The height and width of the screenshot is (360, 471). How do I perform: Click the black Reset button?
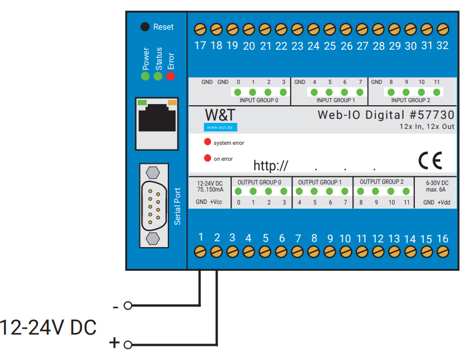(x=145, y=27)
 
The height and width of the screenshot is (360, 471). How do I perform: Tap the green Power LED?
(x=145, y=76)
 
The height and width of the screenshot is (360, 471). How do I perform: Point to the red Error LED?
(x=170, y=76)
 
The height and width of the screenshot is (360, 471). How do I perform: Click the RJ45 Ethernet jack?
(x=157, y=124)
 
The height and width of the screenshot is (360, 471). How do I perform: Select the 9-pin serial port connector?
(x=154, y=206)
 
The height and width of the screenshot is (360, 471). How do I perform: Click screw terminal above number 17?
(x=200, y=30)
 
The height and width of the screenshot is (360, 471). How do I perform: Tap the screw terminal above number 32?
(x=443, y=30)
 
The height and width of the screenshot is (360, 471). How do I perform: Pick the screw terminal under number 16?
(x=443, y=252)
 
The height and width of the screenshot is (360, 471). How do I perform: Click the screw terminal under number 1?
(x=200, y=252)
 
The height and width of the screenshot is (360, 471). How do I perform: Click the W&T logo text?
(x=220, y=115)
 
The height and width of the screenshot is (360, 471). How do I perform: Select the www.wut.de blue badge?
(x=220, y=128)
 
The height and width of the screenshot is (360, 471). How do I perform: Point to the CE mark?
(x=430, y=160)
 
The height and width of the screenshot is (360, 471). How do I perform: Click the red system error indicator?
(x=207, y=142)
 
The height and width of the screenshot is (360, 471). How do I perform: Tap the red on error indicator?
(x=207, y=158)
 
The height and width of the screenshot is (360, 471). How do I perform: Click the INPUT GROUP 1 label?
(x=336, y=100)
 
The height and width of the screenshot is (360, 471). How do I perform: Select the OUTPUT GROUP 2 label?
(x=382, y=182)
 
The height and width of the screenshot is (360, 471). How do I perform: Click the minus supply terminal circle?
(x=128, y=306)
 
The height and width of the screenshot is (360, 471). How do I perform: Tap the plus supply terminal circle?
(x=128, y=345)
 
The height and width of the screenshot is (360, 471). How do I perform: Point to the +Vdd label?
(x=444, y=202)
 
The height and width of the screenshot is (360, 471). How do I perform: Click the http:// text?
(x=271, y=166)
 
